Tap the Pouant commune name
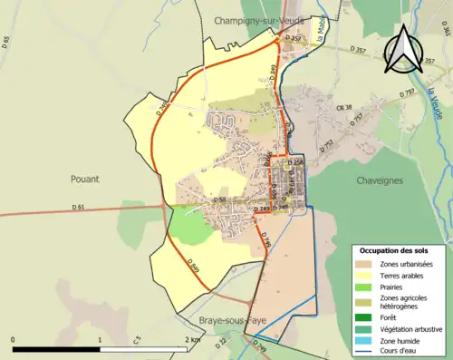coord(83,179)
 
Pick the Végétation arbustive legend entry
coord(410,328)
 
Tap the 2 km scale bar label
coord(192,339)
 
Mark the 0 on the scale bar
coord(14,339)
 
